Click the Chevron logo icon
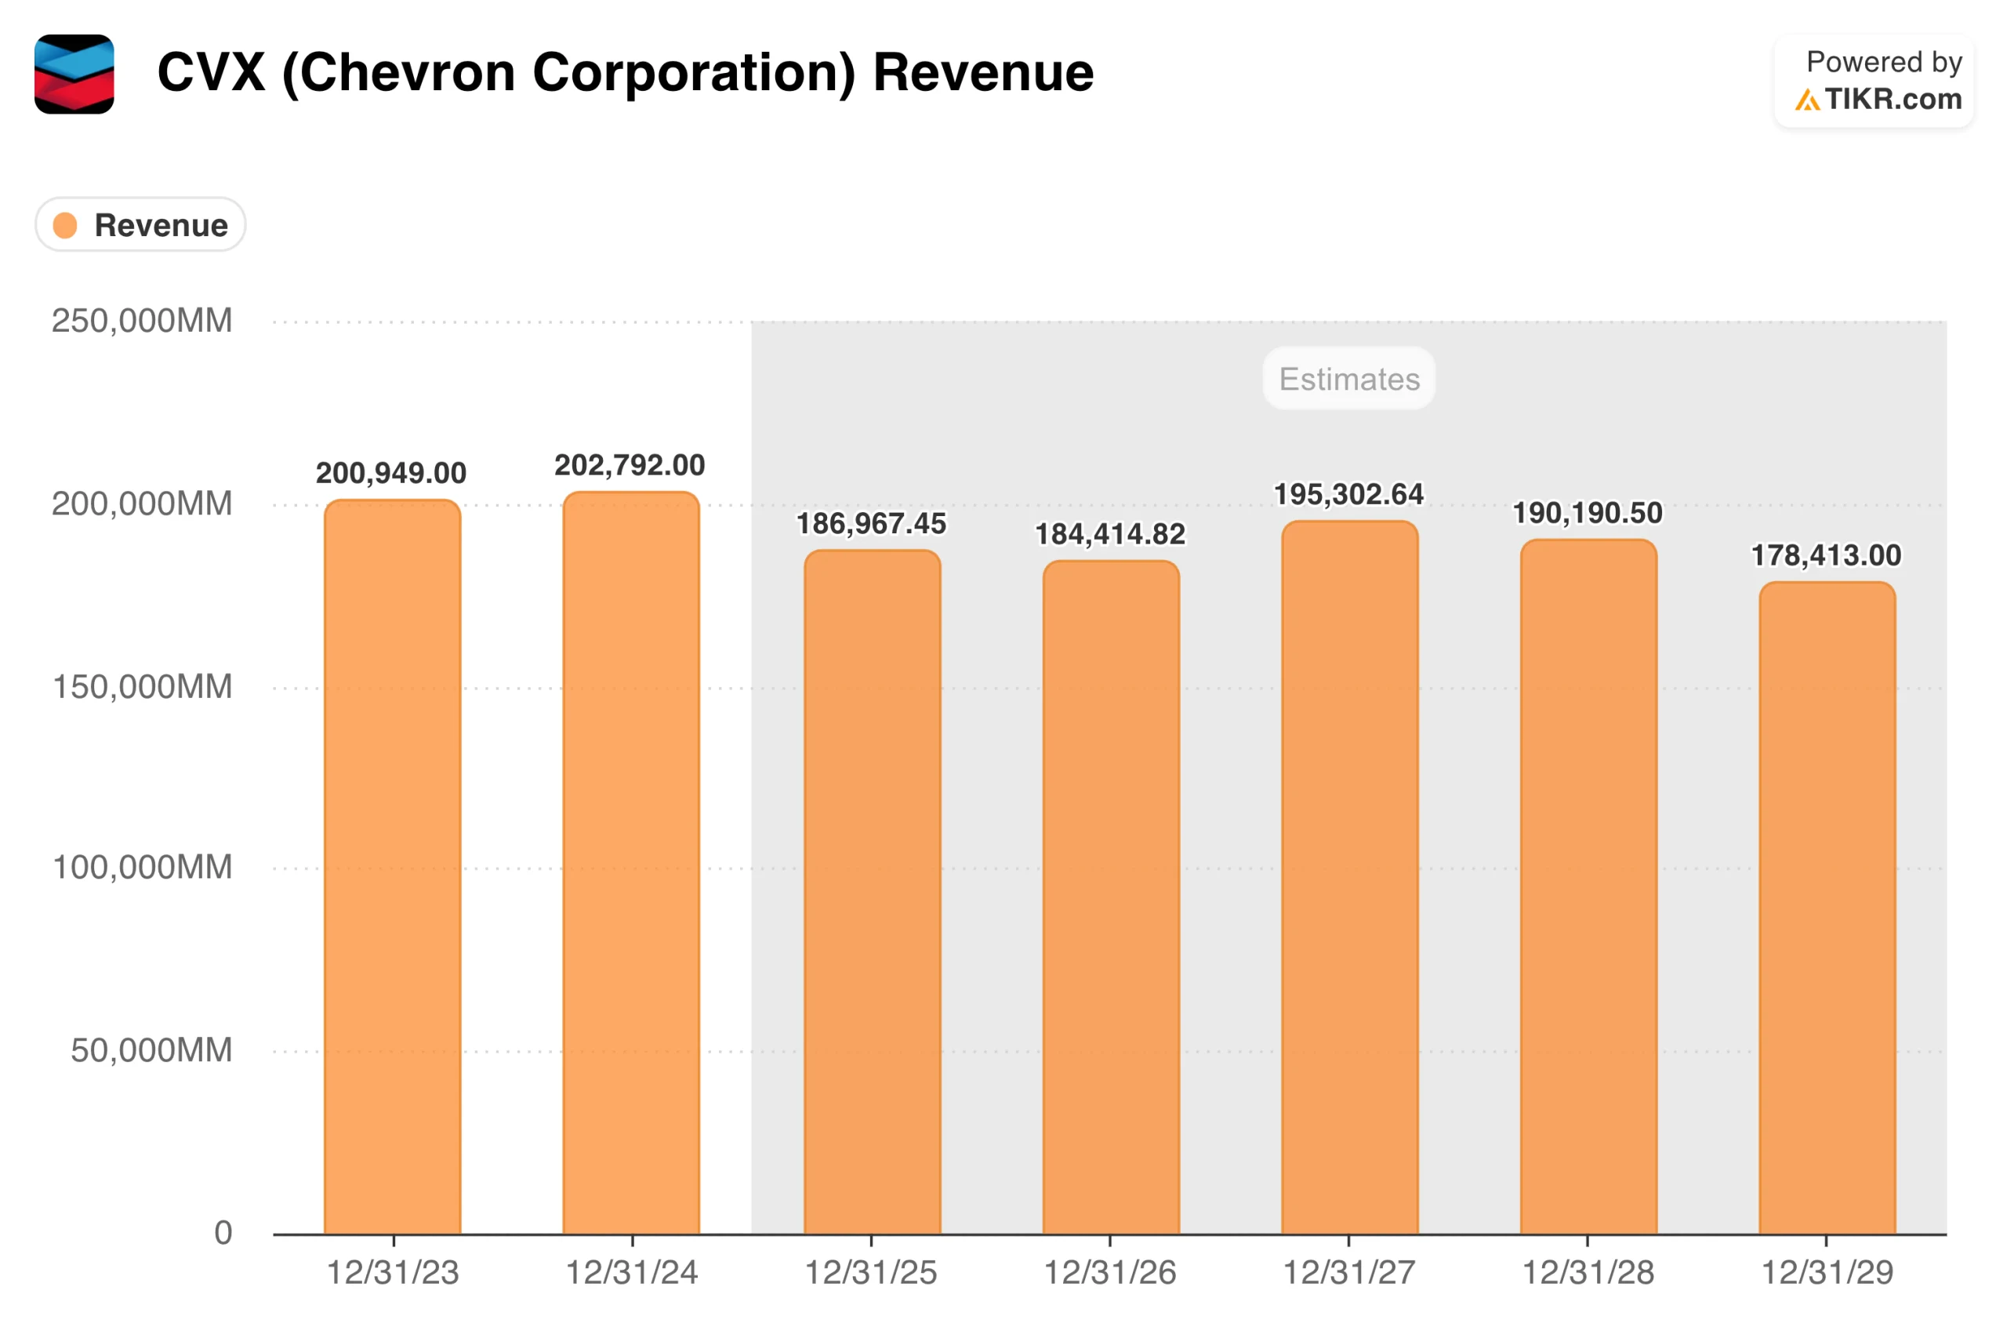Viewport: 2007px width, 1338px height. pos(74,75)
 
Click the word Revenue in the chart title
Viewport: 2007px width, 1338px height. pos(982,72)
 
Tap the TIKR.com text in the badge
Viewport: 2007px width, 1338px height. pos(1893,99)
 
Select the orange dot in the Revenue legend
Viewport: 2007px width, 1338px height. pos(66,225)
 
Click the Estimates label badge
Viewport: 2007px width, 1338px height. pos(1348,378)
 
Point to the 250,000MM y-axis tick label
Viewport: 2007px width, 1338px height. pos(142,321)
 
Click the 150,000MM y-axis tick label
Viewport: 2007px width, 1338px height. pos(142,686)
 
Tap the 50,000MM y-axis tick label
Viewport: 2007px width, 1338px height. pos(151,1049)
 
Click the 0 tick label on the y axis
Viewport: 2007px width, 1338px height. pos(223,1232)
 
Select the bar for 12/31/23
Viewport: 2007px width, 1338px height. pos(392,866)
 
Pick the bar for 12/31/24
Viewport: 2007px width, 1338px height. pos(631,862)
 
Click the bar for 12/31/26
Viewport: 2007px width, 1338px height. pos(1111,896)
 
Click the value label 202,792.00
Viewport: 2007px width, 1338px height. pos(630,465)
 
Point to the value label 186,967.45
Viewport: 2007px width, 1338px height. pos(871,523)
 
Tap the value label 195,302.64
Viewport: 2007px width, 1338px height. pos(1348,494)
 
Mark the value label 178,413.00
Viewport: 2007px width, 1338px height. pos(1826,555)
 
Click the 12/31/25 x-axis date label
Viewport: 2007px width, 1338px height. pos(871,1272)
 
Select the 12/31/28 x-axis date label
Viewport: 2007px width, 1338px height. pos(1588,1272)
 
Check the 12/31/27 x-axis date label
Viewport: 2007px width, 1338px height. pos(1348,1272)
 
